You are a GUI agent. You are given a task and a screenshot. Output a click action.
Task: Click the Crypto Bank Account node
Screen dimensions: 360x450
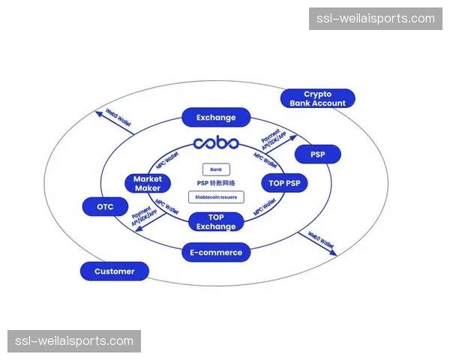(x=317, y=99)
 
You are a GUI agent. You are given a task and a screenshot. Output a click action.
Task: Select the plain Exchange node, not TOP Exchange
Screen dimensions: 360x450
(x=216, y=118)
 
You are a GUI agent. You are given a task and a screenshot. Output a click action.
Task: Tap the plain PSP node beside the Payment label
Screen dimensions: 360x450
(x=317, y=155)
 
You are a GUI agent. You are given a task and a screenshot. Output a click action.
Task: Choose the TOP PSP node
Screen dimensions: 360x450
(x=285, y=182)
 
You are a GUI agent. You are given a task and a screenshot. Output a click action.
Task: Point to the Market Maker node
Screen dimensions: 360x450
(x=148, y=183)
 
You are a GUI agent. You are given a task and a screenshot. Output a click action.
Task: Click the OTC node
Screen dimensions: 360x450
(x=105, y=206)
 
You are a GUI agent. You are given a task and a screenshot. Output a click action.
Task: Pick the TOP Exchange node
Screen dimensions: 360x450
(x=216, y=222)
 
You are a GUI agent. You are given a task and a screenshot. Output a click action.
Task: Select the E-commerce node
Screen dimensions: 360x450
(x=216, y=253)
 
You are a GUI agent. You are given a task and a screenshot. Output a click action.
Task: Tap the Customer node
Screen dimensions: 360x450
(x=115, y=271)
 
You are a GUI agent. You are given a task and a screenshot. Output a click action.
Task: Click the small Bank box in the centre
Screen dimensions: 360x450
(x=216, y=170)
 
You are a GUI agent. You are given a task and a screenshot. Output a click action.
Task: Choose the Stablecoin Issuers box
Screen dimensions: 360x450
(x=216, y=198)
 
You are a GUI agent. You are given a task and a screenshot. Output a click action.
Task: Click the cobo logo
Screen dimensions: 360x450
(x=216, y=143)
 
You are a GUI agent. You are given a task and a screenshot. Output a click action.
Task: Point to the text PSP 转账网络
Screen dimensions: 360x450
(x=216, y=184)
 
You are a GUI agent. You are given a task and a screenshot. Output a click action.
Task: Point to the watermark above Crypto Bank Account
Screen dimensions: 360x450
(x=375, y=18)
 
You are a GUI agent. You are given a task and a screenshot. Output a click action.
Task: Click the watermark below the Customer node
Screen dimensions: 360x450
(x=74, y=341)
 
